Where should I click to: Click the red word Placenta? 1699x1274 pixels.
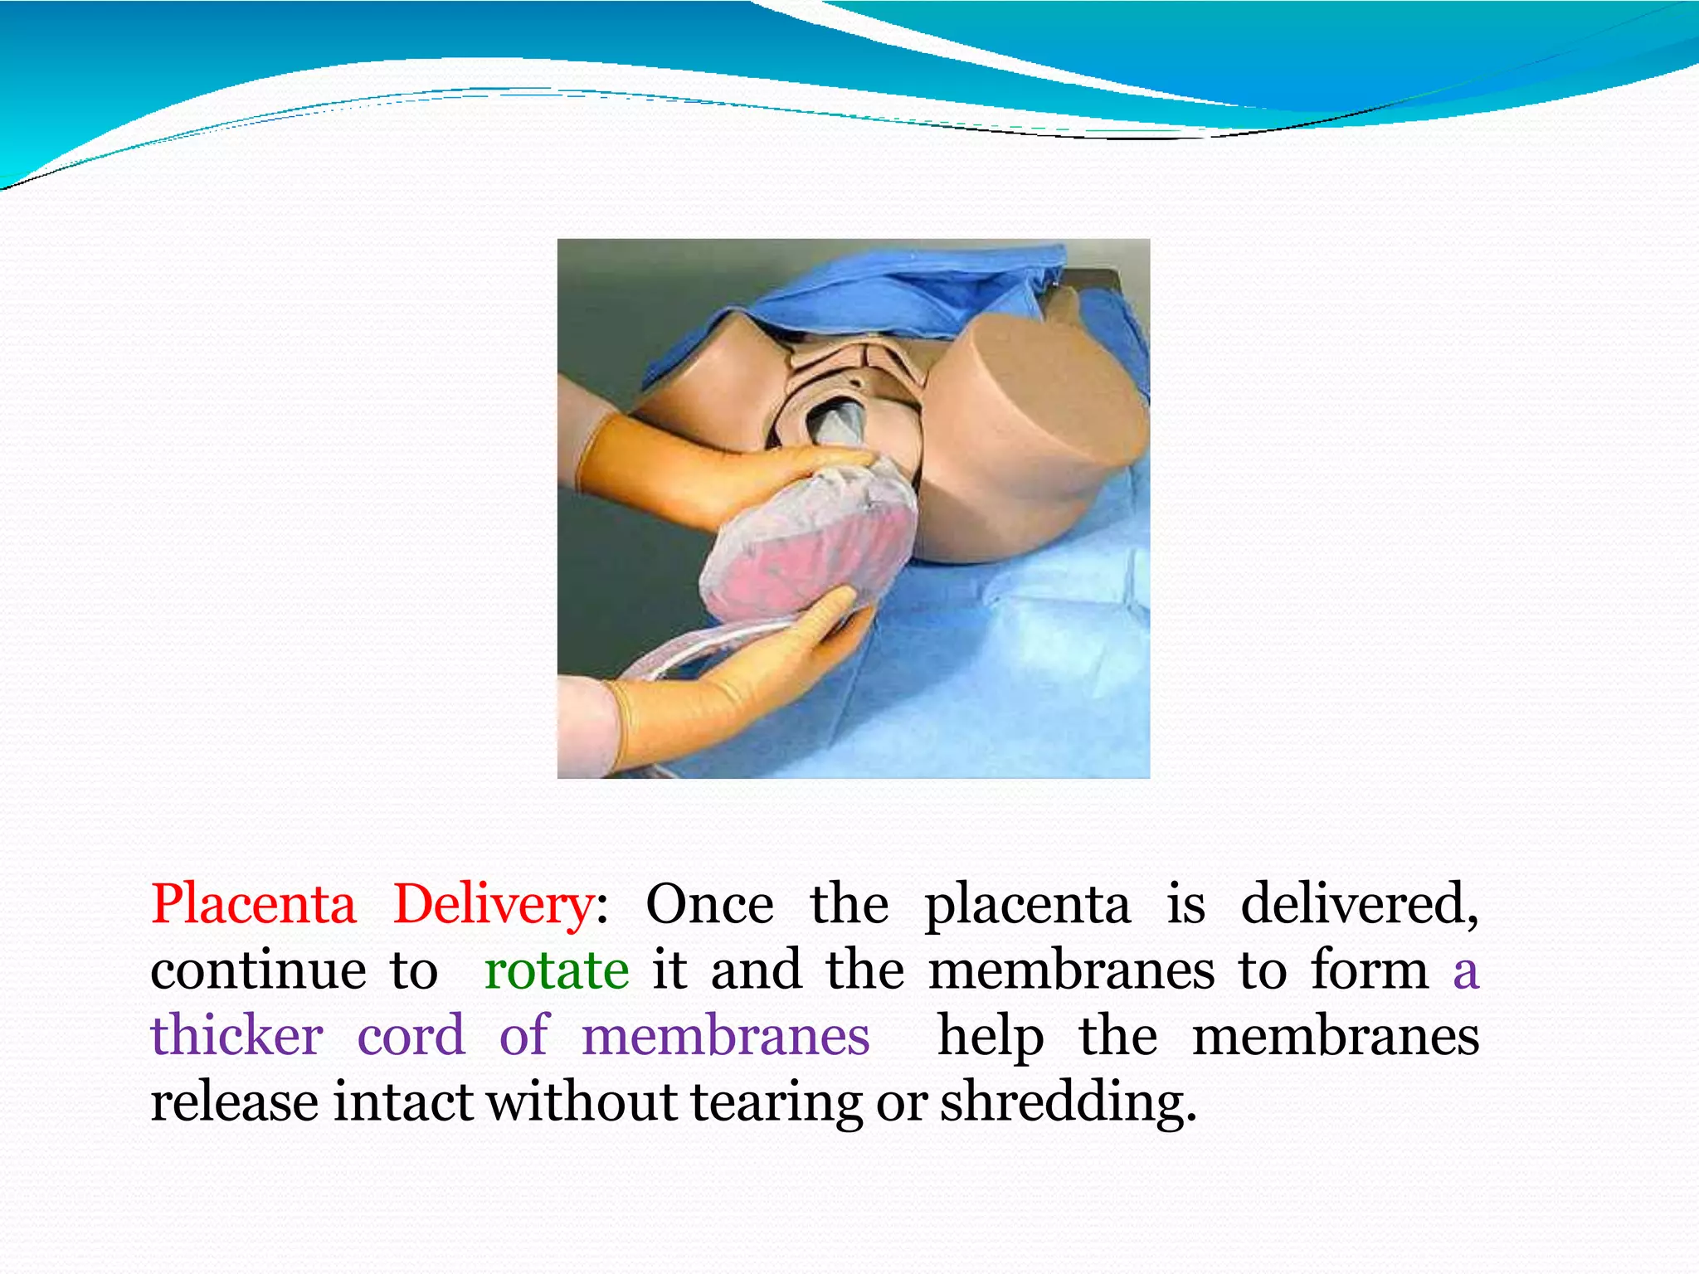(x=253, y=905)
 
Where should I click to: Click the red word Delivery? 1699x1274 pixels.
(x=493, y=905)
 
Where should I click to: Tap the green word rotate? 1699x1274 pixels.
(x=557, y=970)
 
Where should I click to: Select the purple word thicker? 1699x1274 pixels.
(x=236, y=1036)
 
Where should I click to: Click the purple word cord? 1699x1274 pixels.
(x=411, y=1036)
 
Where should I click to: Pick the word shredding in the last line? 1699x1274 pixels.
(x=1068, y=1103)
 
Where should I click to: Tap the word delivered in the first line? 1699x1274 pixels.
(x=1359, y=904)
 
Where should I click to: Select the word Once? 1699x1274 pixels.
(x=709, y=905)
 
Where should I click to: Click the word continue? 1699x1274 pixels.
(x=258, y=970)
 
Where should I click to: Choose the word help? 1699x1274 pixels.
(x=990, y=1038)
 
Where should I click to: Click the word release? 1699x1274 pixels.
(x=234, y=1101)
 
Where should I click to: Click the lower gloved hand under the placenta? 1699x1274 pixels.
(x=747, y=680)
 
